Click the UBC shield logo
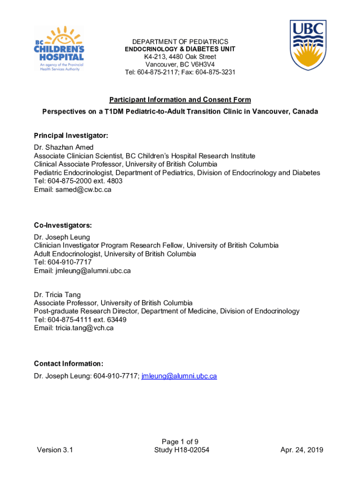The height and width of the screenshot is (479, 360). [x=308, y=45]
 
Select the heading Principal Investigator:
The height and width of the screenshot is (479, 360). [x=71, y=136]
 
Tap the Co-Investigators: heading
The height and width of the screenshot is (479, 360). [x=63, y=225]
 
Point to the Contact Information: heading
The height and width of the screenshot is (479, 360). [x=68, y=363]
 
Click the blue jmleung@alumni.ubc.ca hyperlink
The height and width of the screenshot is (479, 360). [x=179, y=376]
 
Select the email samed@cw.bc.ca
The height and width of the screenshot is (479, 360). [x=83, y=189]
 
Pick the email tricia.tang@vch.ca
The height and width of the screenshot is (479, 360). [x=85, y=328]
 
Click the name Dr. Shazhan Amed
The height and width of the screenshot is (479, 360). [x=64, y=148]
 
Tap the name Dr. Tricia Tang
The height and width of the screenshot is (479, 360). [x=57, y=295]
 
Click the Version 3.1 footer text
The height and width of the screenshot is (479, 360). [x=55, y=450]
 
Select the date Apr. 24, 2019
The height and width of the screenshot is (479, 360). [x=302, y=450]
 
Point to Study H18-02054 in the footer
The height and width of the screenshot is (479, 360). [x=181, y=450]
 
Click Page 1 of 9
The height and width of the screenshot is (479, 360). [x=180, y=442]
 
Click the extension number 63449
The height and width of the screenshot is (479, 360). [x=116, y=319]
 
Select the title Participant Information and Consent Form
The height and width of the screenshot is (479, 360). [x=180, y=100]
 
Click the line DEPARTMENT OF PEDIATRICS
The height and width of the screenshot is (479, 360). [x=180, y=42]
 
